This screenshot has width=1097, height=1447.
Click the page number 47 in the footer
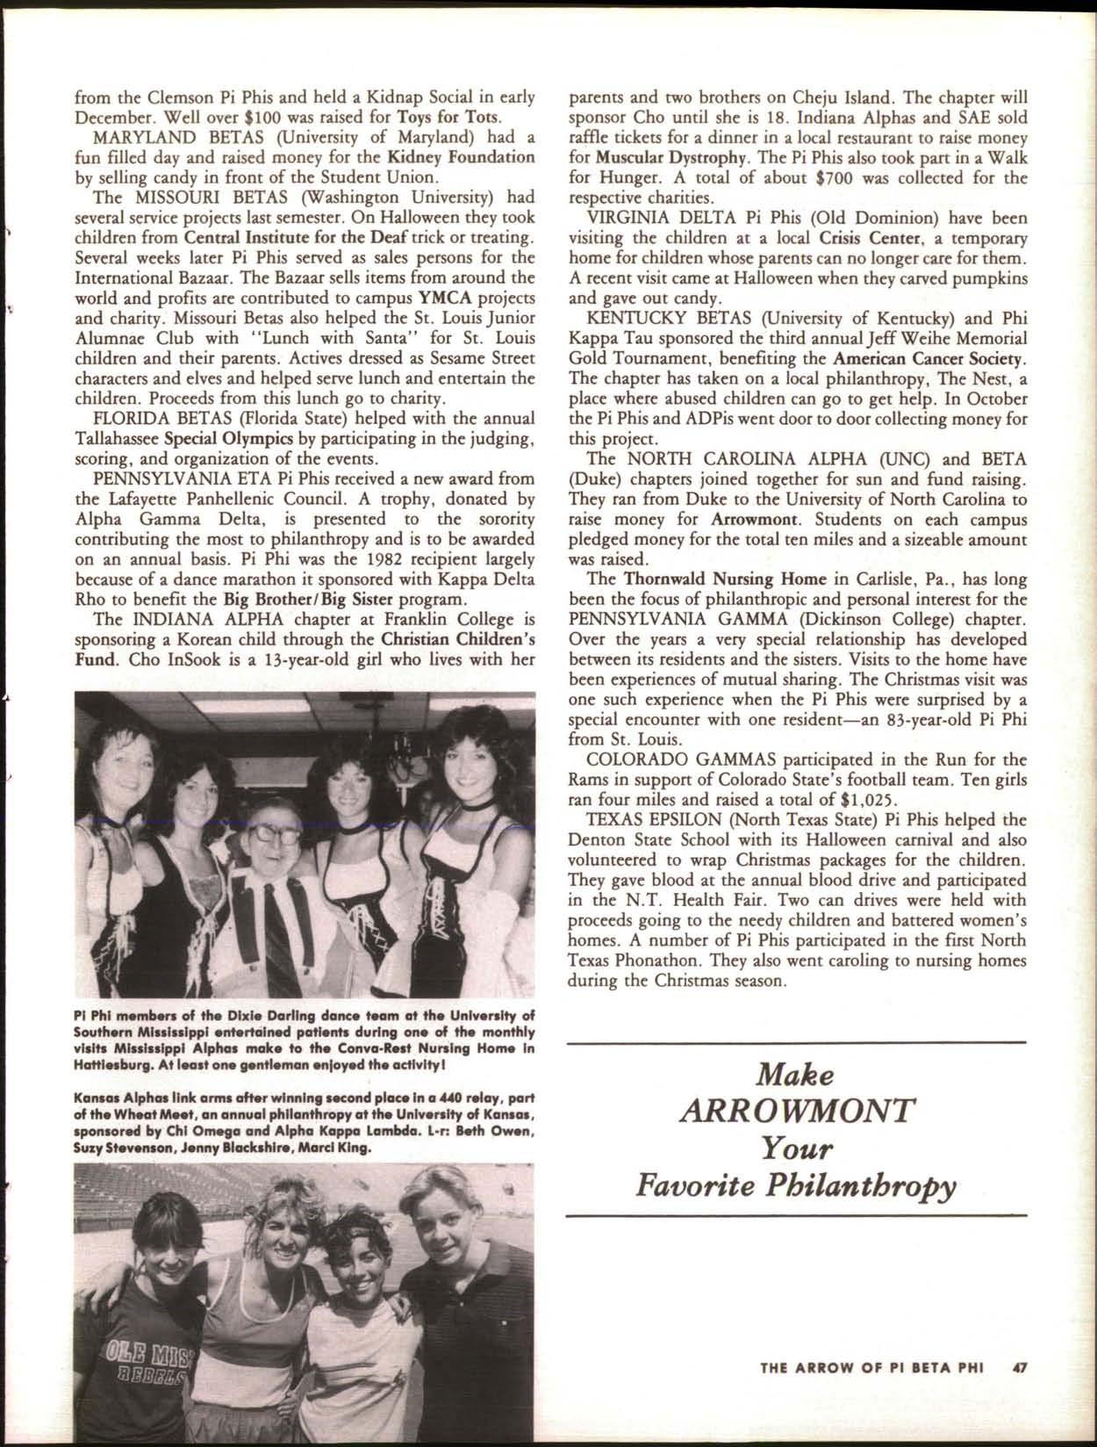1019,1366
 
